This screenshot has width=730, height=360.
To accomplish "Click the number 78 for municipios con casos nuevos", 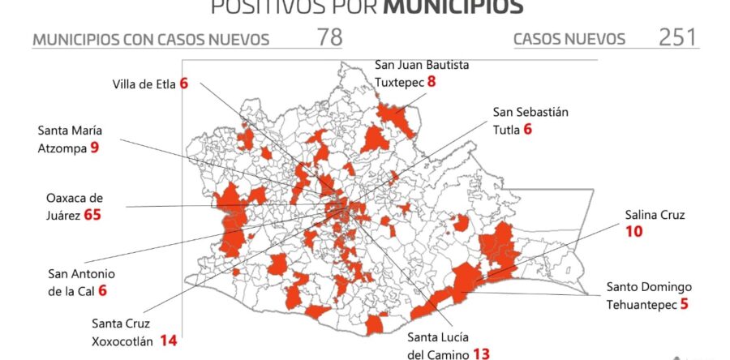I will (x=328, y=38).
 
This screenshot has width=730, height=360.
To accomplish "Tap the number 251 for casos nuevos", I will (x=678, y=38).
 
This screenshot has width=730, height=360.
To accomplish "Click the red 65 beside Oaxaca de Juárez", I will (x=97, y=215).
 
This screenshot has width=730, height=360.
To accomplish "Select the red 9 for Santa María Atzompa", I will (x=94, y=148).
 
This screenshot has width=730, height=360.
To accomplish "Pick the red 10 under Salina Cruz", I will (x=633, y=232).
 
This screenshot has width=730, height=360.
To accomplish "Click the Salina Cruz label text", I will (x=655, y=215).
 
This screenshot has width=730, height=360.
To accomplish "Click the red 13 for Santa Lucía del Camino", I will (x=480, y=354).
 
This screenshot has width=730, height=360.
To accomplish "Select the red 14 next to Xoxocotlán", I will (x=168, y=340).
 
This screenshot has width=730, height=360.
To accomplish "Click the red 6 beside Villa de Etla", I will (x=185, y=83).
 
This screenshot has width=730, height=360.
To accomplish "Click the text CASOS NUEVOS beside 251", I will (x=569, y=39).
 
